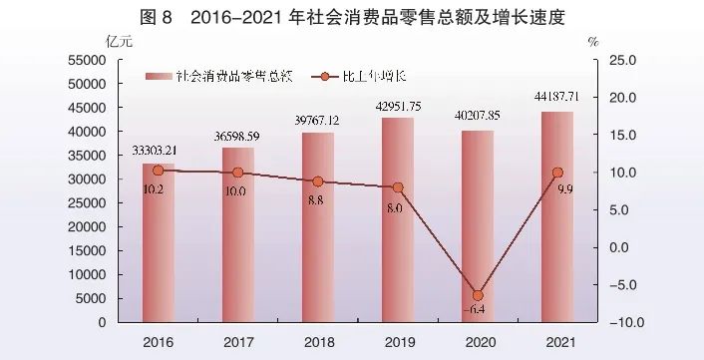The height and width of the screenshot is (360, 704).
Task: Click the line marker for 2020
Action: point(478,295)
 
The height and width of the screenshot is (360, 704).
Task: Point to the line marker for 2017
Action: point(237,173)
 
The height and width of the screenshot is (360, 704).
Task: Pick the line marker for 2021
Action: point(557,173)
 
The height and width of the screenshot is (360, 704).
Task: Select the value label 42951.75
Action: point(398,106)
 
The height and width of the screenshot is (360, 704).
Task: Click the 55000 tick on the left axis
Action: point(87,61)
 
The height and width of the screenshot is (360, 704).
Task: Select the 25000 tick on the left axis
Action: point(87,203)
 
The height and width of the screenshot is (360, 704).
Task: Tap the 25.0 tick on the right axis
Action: point(621,61)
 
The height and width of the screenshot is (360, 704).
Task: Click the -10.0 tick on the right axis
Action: point(619,323)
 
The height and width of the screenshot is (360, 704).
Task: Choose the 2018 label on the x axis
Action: point(317,342)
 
